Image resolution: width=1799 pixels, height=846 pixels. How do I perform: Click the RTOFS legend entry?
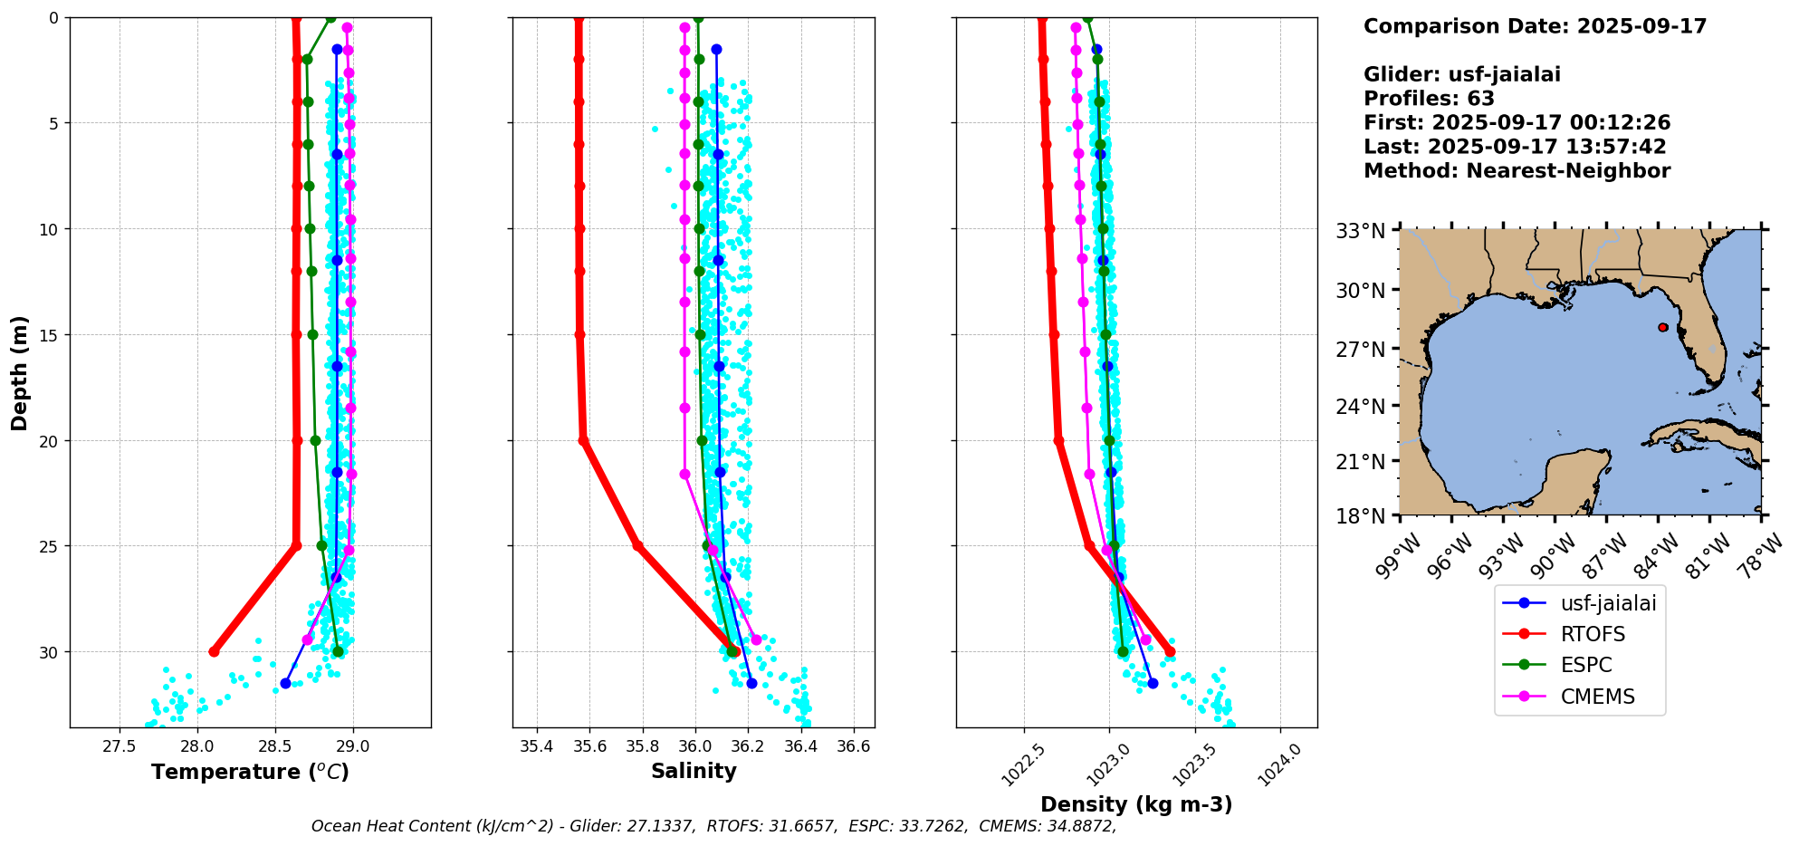tap(1593, 634)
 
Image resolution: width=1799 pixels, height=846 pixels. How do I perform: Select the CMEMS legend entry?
tap(1597, 697)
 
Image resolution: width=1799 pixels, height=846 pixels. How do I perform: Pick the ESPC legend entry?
tap(1586, 665)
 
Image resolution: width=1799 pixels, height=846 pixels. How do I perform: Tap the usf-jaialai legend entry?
tap(1608, 603)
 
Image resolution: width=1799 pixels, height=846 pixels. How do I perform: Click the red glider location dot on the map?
tap(1663, 327)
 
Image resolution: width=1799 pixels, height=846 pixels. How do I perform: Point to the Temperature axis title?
tap(250, 772)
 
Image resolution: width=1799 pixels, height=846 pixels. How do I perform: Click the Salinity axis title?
tap(694, 771)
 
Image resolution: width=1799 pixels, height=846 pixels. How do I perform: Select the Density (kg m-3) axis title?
tap(1136, 804)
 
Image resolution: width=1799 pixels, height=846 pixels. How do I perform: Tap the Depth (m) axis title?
tap(20, 373)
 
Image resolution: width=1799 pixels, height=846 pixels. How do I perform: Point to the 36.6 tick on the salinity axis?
tap(854, 746)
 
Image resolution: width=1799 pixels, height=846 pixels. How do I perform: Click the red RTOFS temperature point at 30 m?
tap(214, 652)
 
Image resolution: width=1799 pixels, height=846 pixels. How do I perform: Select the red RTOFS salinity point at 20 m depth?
tap(584, 441)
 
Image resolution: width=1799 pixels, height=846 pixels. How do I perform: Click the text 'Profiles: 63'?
tap(1429, 99)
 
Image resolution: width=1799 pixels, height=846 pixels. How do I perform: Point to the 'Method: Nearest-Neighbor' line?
tap(1517, 171)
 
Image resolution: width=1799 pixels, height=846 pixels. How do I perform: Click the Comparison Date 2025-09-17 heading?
tap(1535, 26)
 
